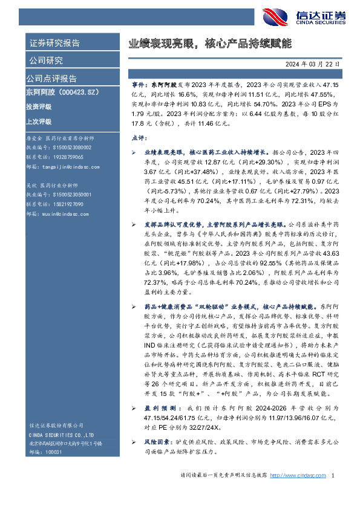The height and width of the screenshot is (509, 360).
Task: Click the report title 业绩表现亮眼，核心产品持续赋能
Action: coord(209,44)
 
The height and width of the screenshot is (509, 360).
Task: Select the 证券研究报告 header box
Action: coord(54,43)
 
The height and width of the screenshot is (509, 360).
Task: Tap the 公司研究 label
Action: coord(45,60)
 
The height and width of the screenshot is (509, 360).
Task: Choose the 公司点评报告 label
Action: coord(51,78)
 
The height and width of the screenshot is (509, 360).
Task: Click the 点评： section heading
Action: coord(140,138)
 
